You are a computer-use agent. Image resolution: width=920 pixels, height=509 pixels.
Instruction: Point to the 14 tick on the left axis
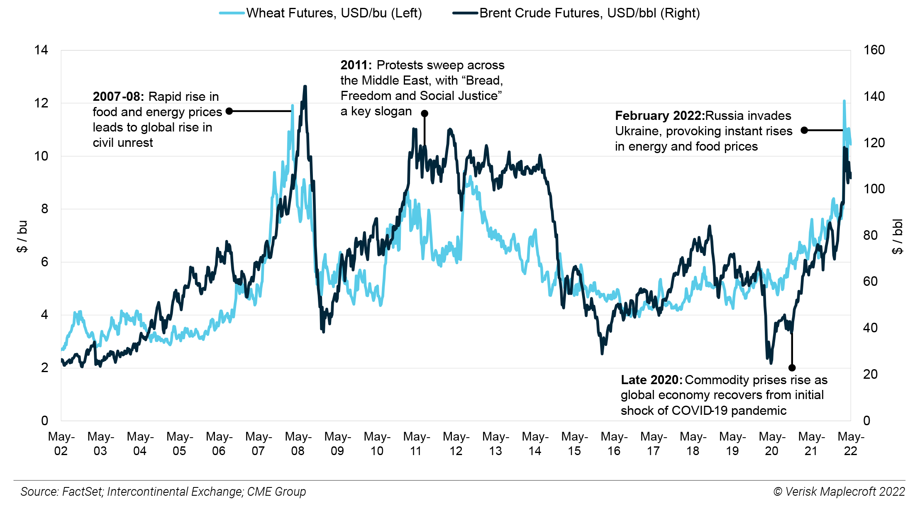point(41,50)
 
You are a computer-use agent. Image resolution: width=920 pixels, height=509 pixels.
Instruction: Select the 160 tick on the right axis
point(874,50)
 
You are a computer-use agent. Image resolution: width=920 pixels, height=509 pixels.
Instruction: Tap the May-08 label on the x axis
point(298,443)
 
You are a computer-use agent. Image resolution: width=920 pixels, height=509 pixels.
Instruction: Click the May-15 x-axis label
point(574,443)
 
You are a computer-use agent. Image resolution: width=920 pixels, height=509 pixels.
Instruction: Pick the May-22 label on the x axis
point(851,443)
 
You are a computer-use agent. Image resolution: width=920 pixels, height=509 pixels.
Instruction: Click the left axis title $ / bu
point(22,236)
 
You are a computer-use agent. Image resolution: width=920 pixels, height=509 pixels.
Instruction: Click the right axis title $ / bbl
point(898,236)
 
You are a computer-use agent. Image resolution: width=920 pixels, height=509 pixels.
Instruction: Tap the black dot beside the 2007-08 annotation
point(229,111)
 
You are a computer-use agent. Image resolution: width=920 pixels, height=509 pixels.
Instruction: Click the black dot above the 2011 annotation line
point(425,113)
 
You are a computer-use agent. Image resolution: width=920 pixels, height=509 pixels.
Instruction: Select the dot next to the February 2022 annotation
point(804,130)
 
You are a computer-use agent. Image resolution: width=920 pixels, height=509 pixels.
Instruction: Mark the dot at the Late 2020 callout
point(792,368)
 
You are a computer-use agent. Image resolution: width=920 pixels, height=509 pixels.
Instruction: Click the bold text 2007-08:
point(118,97)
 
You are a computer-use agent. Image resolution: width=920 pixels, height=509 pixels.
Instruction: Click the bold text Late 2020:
point(651,380)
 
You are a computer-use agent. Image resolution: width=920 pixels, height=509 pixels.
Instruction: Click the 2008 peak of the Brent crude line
point(305,87)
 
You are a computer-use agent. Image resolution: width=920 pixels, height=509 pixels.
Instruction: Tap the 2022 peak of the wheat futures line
point(844,101)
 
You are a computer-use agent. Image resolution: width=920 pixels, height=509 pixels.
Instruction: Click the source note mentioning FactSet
point(163,492)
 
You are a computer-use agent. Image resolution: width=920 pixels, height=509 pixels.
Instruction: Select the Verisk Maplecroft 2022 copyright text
point(839,492)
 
